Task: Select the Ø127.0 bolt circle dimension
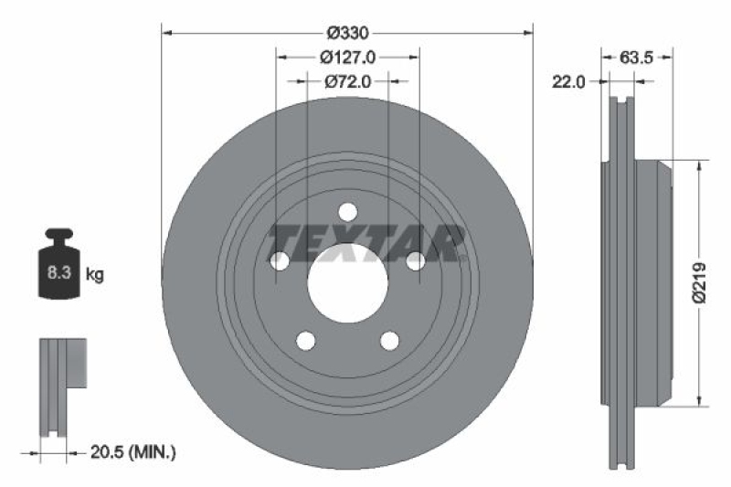coord(347,57)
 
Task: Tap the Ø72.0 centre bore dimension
coord(347,81)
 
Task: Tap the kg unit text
coord(94,273)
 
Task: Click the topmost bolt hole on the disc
coord(347,212)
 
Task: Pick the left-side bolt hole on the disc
coord(280,261)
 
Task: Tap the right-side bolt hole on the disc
coord(415,261)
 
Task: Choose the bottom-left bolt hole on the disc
coord(305,341)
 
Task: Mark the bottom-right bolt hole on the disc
coord(389,341)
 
